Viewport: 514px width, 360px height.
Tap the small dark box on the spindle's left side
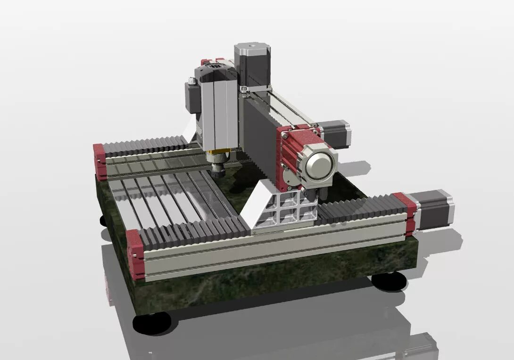(x=191, y=97)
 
